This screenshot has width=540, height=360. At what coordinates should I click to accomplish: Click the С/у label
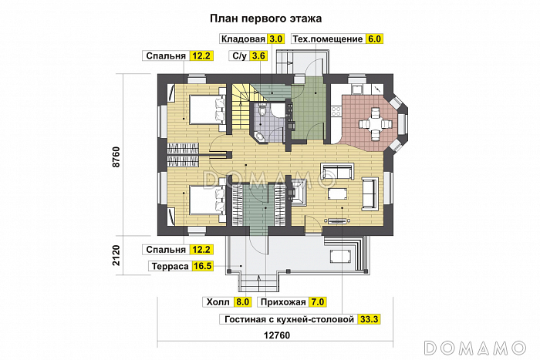tap(238, 56)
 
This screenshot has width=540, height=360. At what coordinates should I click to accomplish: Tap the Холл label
tap(216, 302)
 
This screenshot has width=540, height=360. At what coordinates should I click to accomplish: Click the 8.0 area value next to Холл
tap(242, 302)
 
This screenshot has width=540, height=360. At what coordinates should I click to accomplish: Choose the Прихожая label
tap(285, 302)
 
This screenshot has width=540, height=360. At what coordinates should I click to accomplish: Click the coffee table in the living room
tap(338, 193)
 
